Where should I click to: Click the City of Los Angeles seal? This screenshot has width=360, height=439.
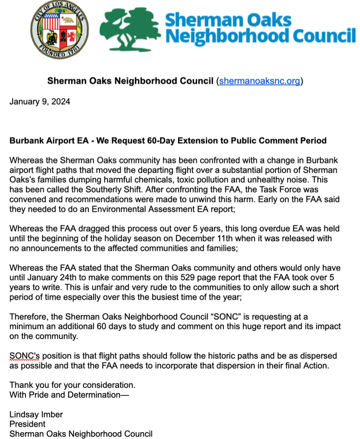(x=60, y=30)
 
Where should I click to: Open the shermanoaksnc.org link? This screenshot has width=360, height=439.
(x=259, y=81)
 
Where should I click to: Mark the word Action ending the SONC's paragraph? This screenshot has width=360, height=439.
(x=316, y=366)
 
